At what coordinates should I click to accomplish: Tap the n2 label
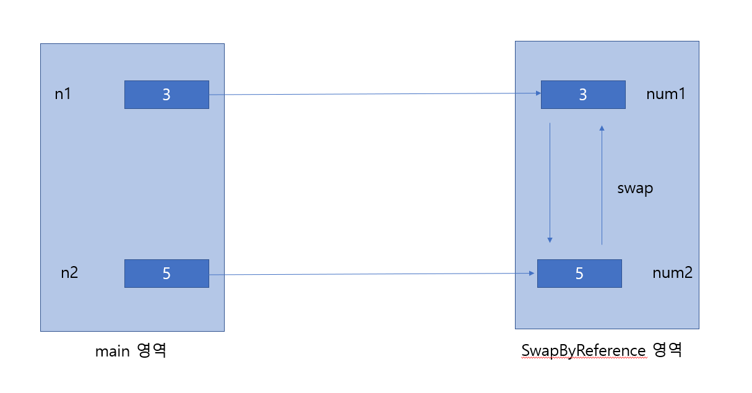coord(69,272)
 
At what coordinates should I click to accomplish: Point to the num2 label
coord(672,272)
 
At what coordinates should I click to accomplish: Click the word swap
coord(635,188)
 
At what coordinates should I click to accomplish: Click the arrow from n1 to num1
coord(371,94)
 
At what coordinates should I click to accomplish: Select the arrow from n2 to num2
coord(371,274)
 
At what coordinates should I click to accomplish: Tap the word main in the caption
coord(112,352)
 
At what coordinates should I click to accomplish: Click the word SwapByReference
coord(583,350)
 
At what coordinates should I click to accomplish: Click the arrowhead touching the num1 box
coord(537,93)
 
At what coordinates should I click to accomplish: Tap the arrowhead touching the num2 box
coord(533,273)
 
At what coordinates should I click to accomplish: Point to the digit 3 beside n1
coord(166,95)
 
